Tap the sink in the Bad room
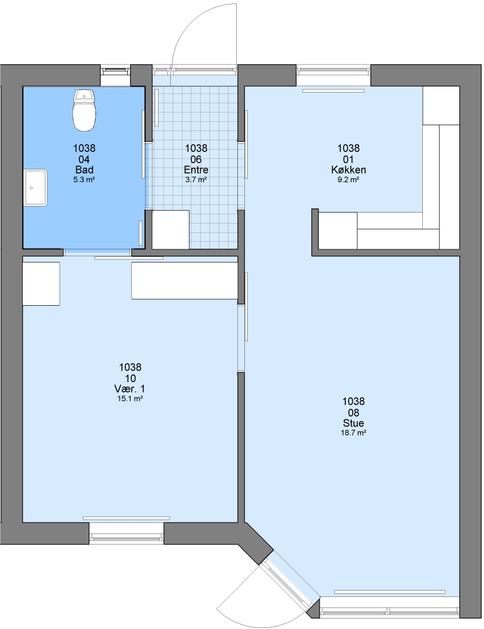click(x=36, y=188)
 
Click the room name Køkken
click(x=348, y=169)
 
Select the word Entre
click(x=196, y=169)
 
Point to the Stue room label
click(x=353, y=423)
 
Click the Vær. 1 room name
click(x=130, y=388)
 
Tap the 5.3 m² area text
click(x=84, y=180)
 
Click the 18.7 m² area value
click(x=353, y=433)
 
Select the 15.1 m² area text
click(x=130, y=399)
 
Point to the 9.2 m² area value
click(x=348, y=180)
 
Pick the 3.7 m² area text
click(x=196, y=180)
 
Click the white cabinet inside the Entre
click(x=170, y=229)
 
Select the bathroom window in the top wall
click(x=115, y=71)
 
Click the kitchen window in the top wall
click(x=334, y=70)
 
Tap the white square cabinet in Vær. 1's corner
click(x=41, y=284)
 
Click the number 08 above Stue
click(x=353, y=412)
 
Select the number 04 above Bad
click(x=85, y=159)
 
